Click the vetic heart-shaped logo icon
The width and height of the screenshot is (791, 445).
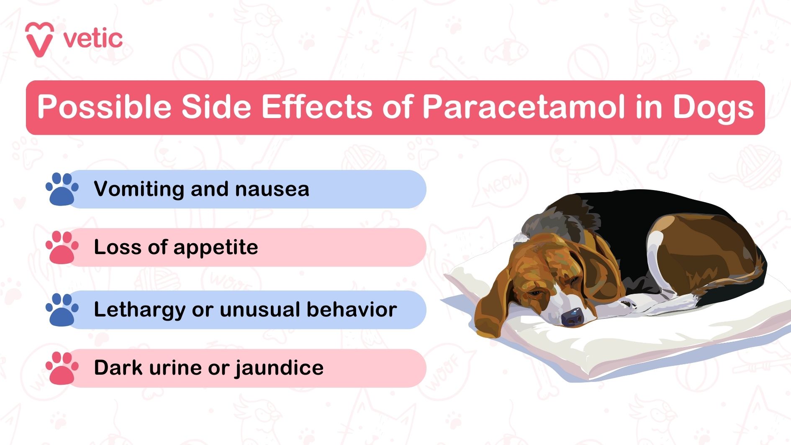point(39,39)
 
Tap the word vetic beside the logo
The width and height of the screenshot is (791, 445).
point(93,39)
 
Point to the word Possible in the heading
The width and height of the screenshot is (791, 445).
point(104,107)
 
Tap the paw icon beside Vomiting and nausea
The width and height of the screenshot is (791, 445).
point(62,189)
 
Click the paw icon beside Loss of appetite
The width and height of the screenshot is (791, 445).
point(62,247)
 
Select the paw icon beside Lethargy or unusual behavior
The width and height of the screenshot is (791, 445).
point(62,310)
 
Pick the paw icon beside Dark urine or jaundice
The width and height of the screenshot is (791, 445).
point(62,368)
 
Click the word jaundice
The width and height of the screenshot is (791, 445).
point(279,368)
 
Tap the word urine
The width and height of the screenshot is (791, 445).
point(175,368)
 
